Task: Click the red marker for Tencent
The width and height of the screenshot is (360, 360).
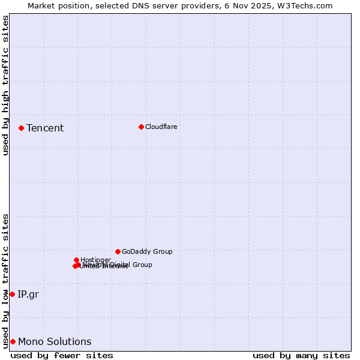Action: tap(21, 128)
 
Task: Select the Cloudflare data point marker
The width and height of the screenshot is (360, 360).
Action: tap(141, 127)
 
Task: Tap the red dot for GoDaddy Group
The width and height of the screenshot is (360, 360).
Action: tap(118, 251)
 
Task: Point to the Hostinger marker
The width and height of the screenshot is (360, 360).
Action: tap(76, 260)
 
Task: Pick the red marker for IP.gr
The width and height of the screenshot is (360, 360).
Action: tap(12, 294)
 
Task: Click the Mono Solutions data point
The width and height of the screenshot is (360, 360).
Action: tap(13, 341)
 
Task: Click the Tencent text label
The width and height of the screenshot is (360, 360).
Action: tap(45, 128)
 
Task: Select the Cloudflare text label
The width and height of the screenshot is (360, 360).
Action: tap(161, 127)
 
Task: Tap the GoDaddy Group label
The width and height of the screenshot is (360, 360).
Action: tap(147, 252)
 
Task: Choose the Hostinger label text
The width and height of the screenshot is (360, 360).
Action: tap(95, 260)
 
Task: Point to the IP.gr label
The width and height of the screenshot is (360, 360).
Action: tap(28, 294)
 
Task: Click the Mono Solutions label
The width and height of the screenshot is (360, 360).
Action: tap(55, 341)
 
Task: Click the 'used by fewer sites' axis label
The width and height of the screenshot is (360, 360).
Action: tap(62, 356)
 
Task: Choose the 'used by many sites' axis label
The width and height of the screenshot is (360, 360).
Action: tap(301, 356)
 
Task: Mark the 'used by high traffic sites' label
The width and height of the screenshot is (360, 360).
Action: tap(5, 85)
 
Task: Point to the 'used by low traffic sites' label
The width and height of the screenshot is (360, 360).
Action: tap(5, 281)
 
